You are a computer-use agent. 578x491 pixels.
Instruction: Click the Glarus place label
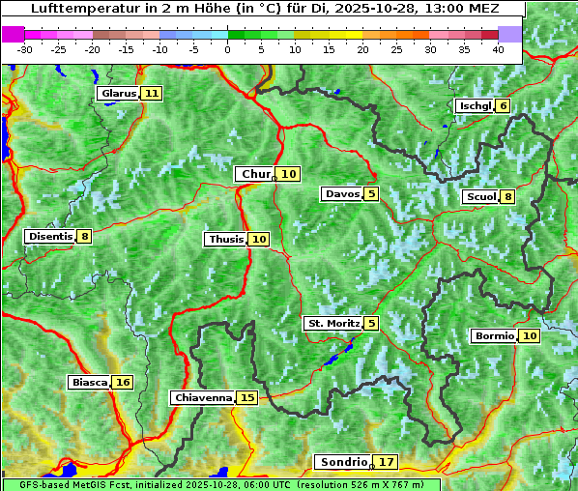[118, 94]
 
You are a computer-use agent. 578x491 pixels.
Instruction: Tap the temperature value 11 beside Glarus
[152, 94]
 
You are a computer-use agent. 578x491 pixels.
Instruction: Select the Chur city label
[255, 174]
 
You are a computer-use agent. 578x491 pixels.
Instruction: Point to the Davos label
[342, 194]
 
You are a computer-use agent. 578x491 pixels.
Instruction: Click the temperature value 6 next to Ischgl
[504, 105]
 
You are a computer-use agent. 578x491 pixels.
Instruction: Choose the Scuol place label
[480, 197]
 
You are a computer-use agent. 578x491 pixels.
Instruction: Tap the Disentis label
[50, 236]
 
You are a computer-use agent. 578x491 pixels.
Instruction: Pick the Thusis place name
[225, 239]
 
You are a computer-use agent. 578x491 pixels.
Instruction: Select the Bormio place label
[494, 336]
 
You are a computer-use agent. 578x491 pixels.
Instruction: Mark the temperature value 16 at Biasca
[123, 383]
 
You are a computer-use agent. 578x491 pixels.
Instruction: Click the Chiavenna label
[203, 397]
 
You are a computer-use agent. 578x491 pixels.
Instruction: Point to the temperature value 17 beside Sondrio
[387, 462]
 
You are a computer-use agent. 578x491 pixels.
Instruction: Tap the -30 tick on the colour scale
[25, 49]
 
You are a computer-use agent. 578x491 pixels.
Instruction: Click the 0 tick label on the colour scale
[228, 49]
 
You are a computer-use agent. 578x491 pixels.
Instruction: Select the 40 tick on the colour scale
[498, 49]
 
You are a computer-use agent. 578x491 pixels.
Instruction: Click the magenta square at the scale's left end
[14, 34]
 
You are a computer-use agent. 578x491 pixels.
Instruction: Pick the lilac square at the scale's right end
[510, 34]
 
